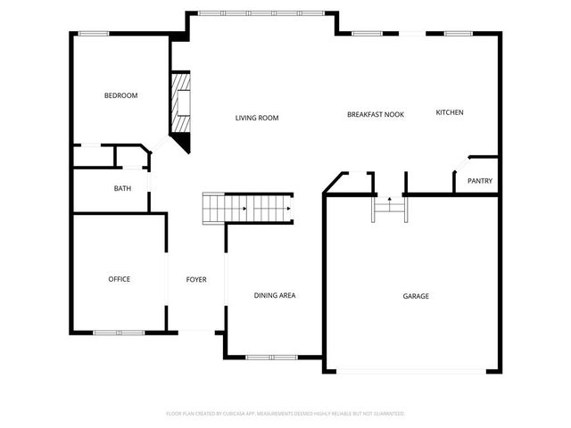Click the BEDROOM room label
click(120, 95)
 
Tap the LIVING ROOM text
click(257, 118)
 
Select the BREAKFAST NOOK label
click(376, 115)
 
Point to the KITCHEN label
click(450, 112)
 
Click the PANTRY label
click(480, 181)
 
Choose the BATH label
click(122, 188)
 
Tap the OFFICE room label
click(120, 279)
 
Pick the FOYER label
click(196, 279)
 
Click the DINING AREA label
click(275, 295)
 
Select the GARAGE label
click(416, 295)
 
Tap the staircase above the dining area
click(248, 208)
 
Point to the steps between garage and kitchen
click(390, 208)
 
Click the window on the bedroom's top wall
click(93, 34)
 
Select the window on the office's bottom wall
click(119, 333)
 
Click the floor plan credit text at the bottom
click(285, 414)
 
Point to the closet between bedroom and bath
click(94, 155)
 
